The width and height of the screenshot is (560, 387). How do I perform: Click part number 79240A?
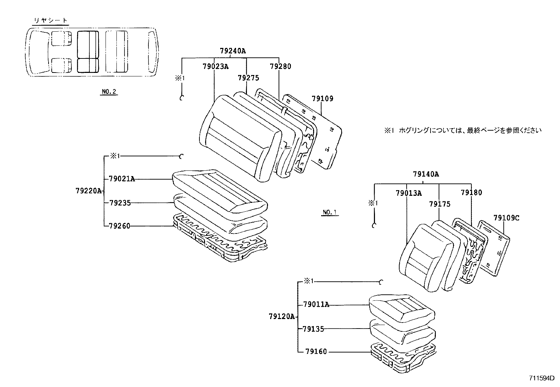[233, 51]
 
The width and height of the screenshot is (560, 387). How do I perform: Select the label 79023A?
[215, 66]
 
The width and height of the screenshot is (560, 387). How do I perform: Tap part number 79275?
[248, 78]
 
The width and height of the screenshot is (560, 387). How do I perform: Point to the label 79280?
[280, 66]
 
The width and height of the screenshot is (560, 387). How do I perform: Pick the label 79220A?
[88, 191]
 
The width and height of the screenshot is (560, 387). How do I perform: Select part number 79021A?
[122, 179]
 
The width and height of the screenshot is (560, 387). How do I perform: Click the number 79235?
[120, 203]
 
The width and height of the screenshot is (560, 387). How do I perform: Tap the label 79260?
[120, 226]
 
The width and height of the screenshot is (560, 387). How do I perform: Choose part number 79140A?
[426, 174]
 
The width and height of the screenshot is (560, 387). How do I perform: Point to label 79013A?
[408, 193]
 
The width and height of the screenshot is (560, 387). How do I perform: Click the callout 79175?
[440, 204]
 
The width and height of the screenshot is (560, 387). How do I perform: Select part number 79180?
[471, 193]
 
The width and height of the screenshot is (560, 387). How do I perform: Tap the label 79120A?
[281, 317]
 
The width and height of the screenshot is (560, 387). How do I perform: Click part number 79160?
[316, 351]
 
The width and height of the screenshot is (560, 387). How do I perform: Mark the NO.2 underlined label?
[109, 92]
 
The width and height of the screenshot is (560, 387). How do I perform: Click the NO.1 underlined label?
[330, 212]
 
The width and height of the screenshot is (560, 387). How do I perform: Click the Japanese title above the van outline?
[50, 21]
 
